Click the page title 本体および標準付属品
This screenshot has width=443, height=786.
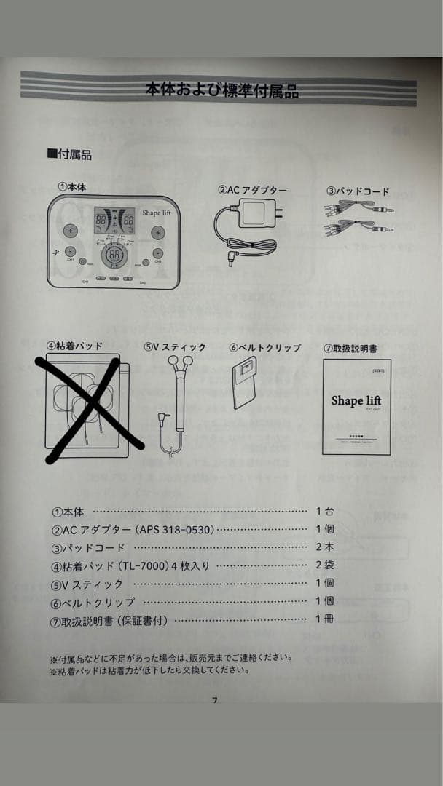click(221, 90)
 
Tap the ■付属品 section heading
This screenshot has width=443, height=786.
click(69, 154)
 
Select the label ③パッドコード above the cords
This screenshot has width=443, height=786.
click(357, 191)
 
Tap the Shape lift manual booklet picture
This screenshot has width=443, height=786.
click(356, 406)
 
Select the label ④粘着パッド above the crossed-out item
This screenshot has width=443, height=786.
click(74, 346)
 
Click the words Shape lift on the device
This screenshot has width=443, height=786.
click(157, 213)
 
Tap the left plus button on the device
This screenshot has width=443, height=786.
click(70, 231)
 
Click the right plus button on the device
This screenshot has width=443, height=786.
click(157, 232)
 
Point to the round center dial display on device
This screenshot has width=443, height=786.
click(114, 255)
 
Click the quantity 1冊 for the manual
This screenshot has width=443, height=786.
click(324, 619)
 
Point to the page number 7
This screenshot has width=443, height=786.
click(215, 701)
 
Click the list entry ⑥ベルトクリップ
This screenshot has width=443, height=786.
click(93, 602)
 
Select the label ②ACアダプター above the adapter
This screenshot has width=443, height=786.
click(252, 191)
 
